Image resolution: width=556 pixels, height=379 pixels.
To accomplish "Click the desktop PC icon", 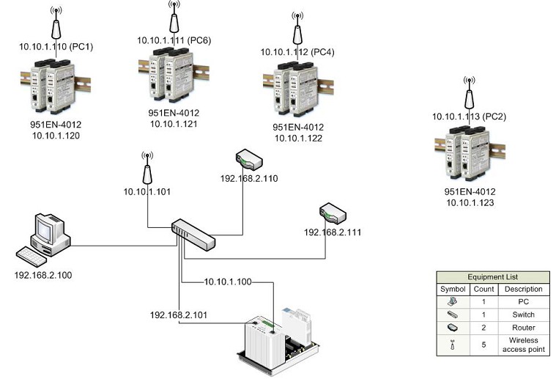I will click(x=45, y=239).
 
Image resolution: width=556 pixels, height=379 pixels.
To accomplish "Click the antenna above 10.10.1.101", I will click(x=147, y=169).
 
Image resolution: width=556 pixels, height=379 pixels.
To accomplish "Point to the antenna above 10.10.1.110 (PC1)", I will click(x=56, y=24).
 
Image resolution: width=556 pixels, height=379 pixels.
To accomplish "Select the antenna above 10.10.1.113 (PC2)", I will click(x=468, y=92).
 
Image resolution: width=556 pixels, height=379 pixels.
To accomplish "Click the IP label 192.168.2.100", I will click(x=44, y=276).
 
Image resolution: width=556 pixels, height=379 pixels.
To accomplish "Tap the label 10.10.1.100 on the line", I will click(x=227, y=282).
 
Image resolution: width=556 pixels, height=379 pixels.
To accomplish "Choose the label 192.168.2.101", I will click(x=179, y=314).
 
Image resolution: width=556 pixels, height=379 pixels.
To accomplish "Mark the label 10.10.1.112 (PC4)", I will click(x=297, y=51).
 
